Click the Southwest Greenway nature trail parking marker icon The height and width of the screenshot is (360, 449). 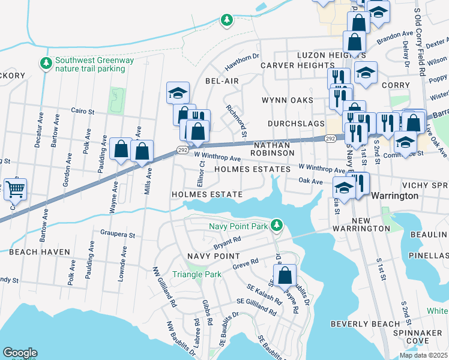(45, 63)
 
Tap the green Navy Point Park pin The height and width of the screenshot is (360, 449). (276, 226)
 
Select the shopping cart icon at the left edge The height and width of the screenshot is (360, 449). (14, 190)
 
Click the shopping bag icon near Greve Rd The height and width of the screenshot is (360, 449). (286, 276)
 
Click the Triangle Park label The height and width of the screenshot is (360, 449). (197, 274)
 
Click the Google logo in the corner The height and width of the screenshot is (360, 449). (20, 353)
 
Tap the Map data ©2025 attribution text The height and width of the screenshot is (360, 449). (423, 355)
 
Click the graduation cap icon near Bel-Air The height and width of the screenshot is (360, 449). (178, 93)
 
